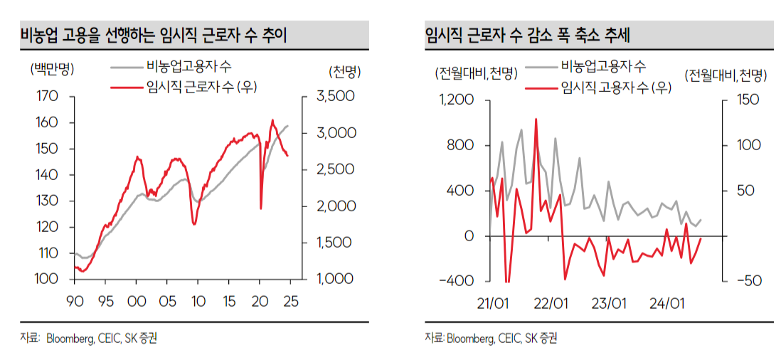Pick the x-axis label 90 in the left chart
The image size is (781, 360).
[75, 302]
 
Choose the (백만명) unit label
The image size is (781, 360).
[52, 70]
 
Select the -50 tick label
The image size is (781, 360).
[742, 280]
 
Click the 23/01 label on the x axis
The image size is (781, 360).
[608, 304]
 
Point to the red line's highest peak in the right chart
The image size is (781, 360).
[536, 119]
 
